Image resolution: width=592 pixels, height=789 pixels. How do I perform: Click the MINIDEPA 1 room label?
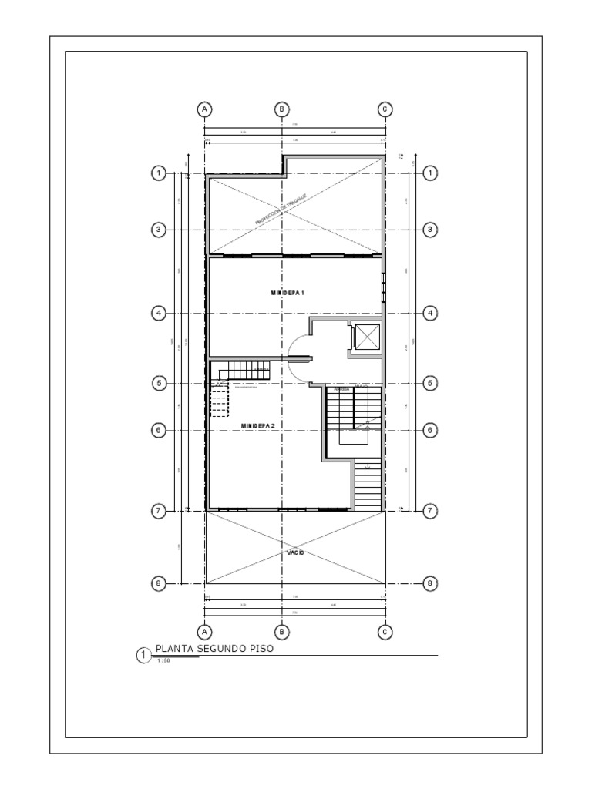[288, 293]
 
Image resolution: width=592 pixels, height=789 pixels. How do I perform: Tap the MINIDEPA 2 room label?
[257, 425]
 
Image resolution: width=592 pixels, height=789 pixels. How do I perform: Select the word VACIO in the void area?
[297, 553]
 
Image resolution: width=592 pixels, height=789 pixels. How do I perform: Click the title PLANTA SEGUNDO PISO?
[214, 649]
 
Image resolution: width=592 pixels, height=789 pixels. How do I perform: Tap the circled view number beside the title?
[143, 655]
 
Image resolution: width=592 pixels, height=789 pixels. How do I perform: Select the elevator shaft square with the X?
[367, 337]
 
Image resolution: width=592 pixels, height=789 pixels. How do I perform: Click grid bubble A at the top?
[205, 109]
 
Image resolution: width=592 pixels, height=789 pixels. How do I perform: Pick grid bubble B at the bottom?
[283, 631]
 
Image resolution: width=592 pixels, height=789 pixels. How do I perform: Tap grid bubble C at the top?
[385, 109]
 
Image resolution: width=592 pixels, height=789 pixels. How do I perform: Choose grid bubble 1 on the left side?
[158, 173]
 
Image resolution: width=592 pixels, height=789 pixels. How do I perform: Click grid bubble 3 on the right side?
[431, 230]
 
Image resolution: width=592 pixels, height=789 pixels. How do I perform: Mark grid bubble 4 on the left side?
[158, 313]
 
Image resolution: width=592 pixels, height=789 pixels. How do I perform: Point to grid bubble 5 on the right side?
[431, 383]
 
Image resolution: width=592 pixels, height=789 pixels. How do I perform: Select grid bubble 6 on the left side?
[158, 430]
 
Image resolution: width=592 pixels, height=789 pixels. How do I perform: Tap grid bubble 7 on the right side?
[431, 510]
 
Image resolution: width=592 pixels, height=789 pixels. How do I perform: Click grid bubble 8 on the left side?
[158, 583]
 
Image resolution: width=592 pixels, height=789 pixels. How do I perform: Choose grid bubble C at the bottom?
[385, 631]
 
